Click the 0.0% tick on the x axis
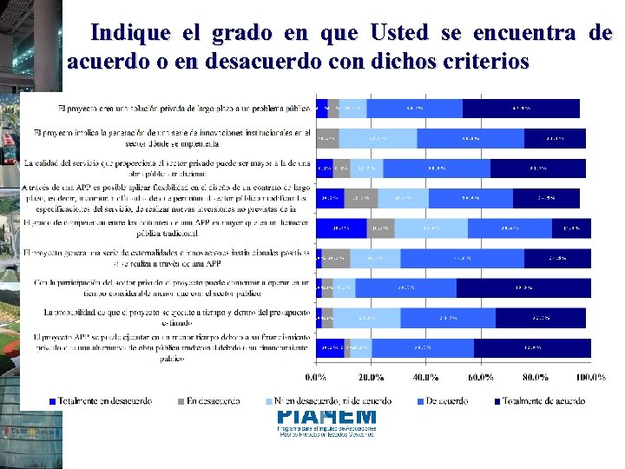tap(315, 377)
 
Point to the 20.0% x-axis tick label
tap(371, 377)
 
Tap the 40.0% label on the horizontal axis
tap(425, 377)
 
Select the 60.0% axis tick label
tap(481, 377)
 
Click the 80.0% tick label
tap(536, 377)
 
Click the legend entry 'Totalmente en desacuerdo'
tap(100, 400)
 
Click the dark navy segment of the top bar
tap(521, 109)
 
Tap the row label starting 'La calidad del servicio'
tap(167, 167)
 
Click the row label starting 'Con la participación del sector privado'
tap(172, 287)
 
